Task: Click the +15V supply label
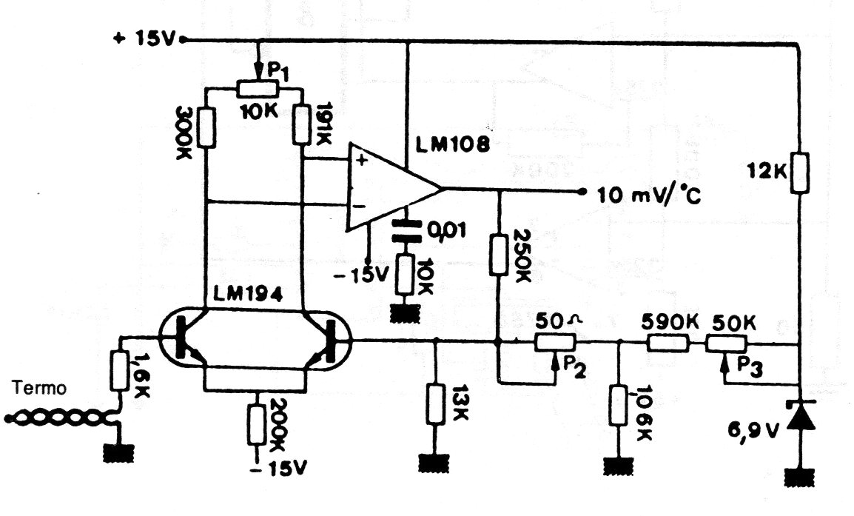pos(144,39)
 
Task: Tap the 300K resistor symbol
pos(206,127)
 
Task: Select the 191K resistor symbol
pos(301,124)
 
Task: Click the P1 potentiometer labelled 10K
pos(258,88)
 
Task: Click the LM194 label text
pos(248,295)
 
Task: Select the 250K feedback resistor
pos(498,255)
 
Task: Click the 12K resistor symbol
pos(800,172)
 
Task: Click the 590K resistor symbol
pos(668,344)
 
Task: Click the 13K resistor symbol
pos(434,403)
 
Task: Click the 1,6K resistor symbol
pos(120,370)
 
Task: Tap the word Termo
pos(39,388)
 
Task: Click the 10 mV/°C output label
pos(649,195)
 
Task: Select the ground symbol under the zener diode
pos(800,477)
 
